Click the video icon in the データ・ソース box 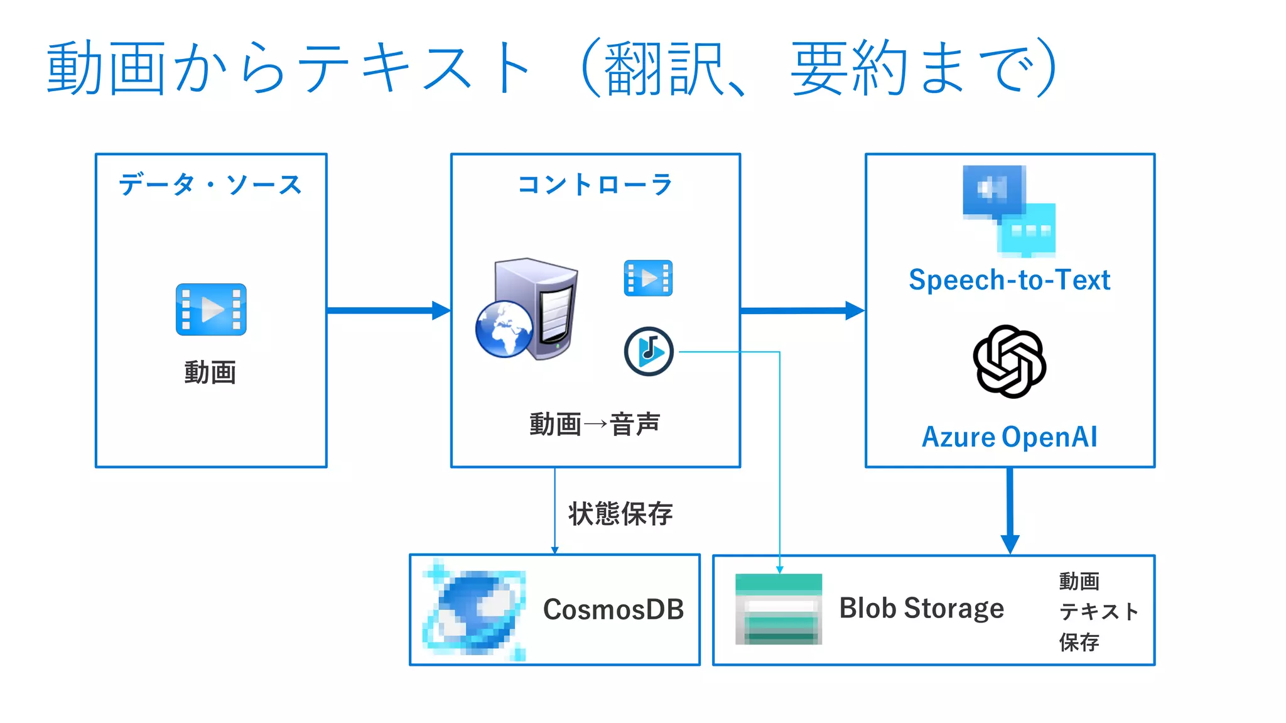(211, 309)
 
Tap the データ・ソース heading (210, 185)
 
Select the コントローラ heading (595, 185)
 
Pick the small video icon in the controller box (648, 278)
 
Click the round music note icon (649, 351)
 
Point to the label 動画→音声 (595, 425)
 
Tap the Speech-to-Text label (1009, 280)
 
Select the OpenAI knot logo (1009, 361)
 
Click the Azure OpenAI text (1009, 437)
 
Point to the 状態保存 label (620, 514)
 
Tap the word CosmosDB (613, 609)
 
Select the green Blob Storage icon (779, 609)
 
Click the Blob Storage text (921, 608)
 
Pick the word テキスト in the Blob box (1098, 611)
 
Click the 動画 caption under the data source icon (210, 372)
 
